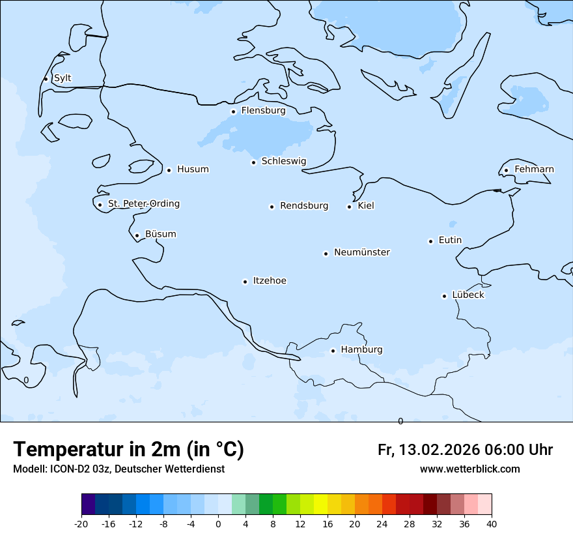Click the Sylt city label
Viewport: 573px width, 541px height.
click(x=63, y=78)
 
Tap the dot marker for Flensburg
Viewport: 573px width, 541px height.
click(x=233, y=111)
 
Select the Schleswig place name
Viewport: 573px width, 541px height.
click(x=283, y=161)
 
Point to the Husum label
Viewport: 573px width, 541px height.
click(x=193, y=169)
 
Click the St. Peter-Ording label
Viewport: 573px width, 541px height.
click(x=143, y=204)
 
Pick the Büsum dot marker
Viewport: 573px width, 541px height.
click(x=137, y=235)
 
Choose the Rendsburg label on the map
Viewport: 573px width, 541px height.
click(x=304, y=206)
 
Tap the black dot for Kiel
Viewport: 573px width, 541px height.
click(x=349, y=207)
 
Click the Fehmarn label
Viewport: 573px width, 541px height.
click(x=534, y=169)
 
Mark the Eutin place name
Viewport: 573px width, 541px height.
click(x=450, y=241)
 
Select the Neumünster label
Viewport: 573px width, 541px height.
click(x=362, y=252)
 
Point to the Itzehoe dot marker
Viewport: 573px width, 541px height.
click(x=245, y=282)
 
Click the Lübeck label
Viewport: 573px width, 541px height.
click(x=468, y=295)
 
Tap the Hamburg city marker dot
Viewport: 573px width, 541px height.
click(x=333, y=351)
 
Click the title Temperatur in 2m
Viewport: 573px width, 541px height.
click(x=98, y=450)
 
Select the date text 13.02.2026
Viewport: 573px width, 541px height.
click(x=440, y=450)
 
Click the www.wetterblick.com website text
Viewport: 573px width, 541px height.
click(x=469, y=469)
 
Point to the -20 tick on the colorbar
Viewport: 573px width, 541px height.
click(x=81, y=524)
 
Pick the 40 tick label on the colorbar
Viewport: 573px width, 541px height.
click(x=492, y=524)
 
